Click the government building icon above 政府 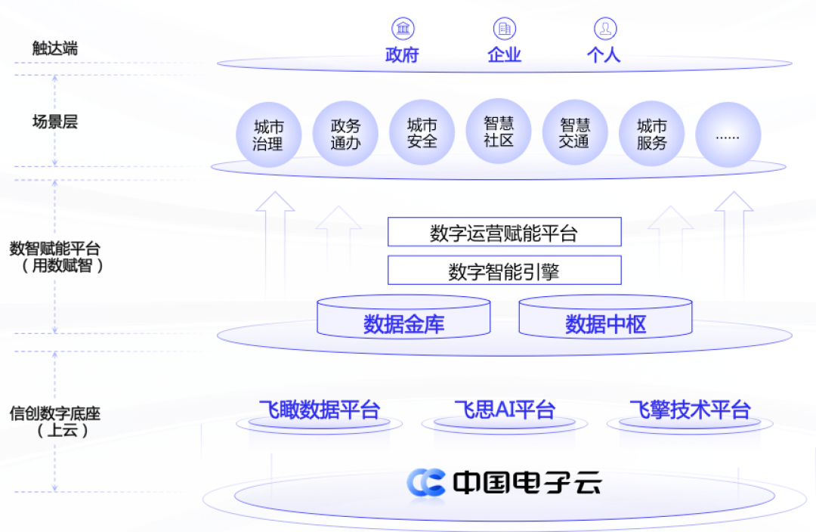[x=403, y=29]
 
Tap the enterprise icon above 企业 [x=505, y=29]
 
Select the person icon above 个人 [x=604, y=29]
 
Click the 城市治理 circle [x=268, y=135]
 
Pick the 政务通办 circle [x=345, y=135]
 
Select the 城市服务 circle [x=651, y=134]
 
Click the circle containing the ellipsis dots [x=728, y=135]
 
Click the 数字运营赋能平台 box [x=504, y=232]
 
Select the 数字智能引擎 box [x=504, y=270]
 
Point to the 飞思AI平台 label [x=504, y=410]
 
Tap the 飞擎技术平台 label [x=689, y=410]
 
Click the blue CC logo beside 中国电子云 [x=426, y=482]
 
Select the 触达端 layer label [x=54, y=48]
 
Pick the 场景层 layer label [x=54, y=121]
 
